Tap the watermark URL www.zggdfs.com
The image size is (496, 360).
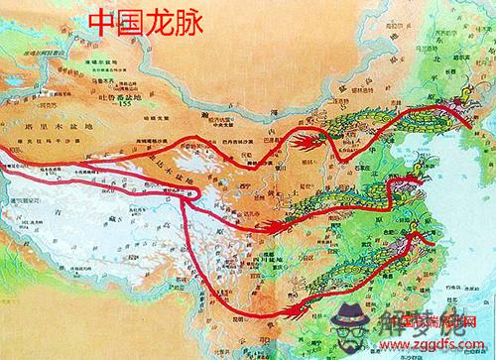[442, 343]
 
